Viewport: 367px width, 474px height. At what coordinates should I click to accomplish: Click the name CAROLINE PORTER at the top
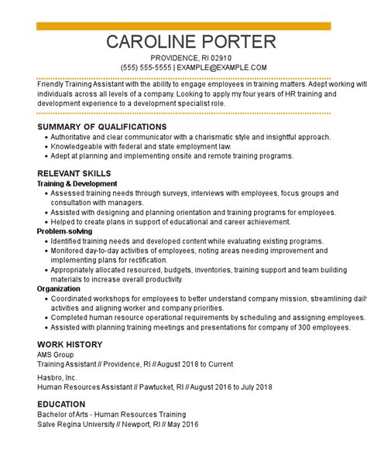190,43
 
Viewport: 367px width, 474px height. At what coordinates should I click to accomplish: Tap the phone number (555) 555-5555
146,68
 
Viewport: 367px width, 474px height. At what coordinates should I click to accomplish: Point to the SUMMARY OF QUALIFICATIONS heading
101,127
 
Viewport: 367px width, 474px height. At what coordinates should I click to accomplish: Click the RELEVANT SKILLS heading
74,173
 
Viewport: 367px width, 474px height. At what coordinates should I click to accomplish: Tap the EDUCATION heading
61,404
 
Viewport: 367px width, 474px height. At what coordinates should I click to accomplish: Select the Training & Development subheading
77,184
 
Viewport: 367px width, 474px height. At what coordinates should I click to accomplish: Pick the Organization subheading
58,288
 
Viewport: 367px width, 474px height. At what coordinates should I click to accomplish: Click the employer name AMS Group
57,354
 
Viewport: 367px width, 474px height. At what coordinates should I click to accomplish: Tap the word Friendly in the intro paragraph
51,84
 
